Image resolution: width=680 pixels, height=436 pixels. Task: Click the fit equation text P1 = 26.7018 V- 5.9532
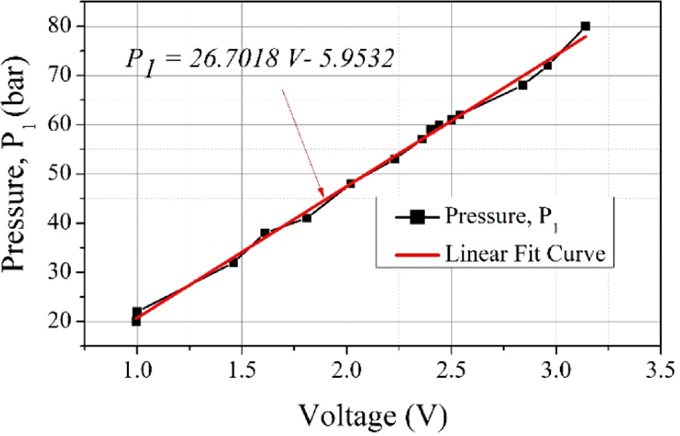click(258, 59)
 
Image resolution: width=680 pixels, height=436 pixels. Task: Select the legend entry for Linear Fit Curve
click(525, 255)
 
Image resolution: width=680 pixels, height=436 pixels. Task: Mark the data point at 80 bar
click(585, 26)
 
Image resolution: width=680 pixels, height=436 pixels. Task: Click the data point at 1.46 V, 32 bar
click(233, 262)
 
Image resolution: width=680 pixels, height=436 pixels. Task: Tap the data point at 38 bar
click(265, 233)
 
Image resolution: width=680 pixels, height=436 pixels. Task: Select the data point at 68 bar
click(522, 85)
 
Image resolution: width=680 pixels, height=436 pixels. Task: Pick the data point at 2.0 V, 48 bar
click(351, 184)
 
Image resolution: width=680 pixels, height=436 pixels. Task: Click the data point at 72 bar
click(547, 66)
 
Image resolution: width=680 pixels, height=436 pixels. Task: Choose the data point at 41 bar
click(307, 218)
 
